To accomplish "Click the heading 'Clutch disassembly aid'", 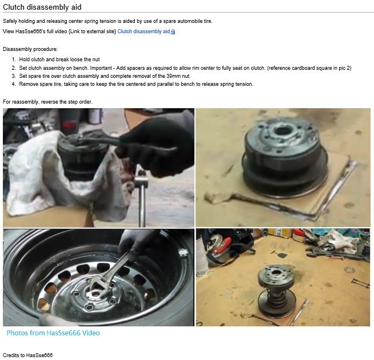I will coord(42,7).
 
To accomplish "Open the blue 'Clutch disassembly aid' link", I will coord(143,31).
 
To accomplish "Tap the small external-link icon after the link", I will coord(173,32).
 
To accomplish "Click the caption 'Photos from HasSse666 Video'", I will coord(53,333).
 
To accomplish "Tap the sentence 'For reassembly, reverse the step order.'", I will coord(47,102).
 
